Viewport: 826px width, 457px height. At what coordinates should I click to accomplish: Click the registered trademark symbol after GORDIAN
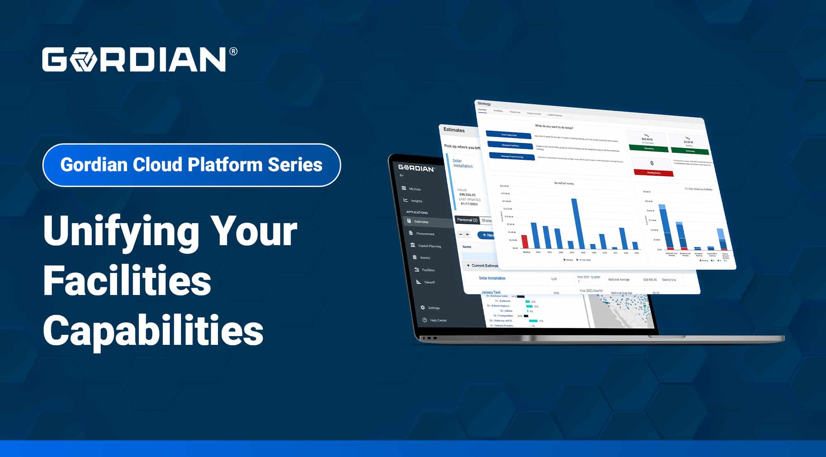coord(233,52)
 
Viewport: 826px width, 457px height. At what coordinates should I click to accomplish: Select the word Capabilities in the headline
coord(153,330)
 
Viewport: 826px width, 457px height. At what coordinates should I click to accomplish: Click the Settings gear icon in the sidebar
coord(423,307)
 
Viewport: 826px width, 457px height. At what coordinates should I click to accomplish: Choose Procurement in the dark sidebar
coord(425,233)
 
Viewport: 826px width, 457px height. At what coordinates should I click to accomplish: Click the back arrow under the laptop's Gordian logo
coord(401,175)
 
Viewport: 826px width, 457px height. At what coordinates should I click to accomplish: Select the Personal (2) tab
coord(467,220)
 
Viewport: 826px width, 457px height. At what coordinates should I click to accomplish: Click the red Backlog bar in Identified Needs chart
coord(525,242)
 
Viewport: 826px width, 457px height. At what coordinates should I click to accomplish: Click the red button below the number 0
coord(653,173)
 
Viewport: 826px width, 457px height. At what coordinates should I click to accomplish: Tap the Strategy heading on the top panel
coord(484,103)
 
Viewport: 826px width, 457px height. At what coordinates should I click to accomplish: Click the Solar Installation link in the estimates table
coord(492,278)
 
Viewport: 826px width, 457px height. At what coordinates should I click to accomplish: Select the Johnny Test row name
coord(491,292)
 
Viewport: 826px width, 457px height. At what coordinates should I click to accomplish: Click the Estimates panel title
coord(454,130)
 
